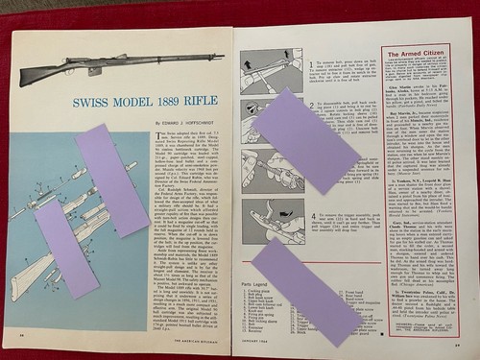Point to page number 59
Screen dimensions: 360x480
click(x=460, y=333)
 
